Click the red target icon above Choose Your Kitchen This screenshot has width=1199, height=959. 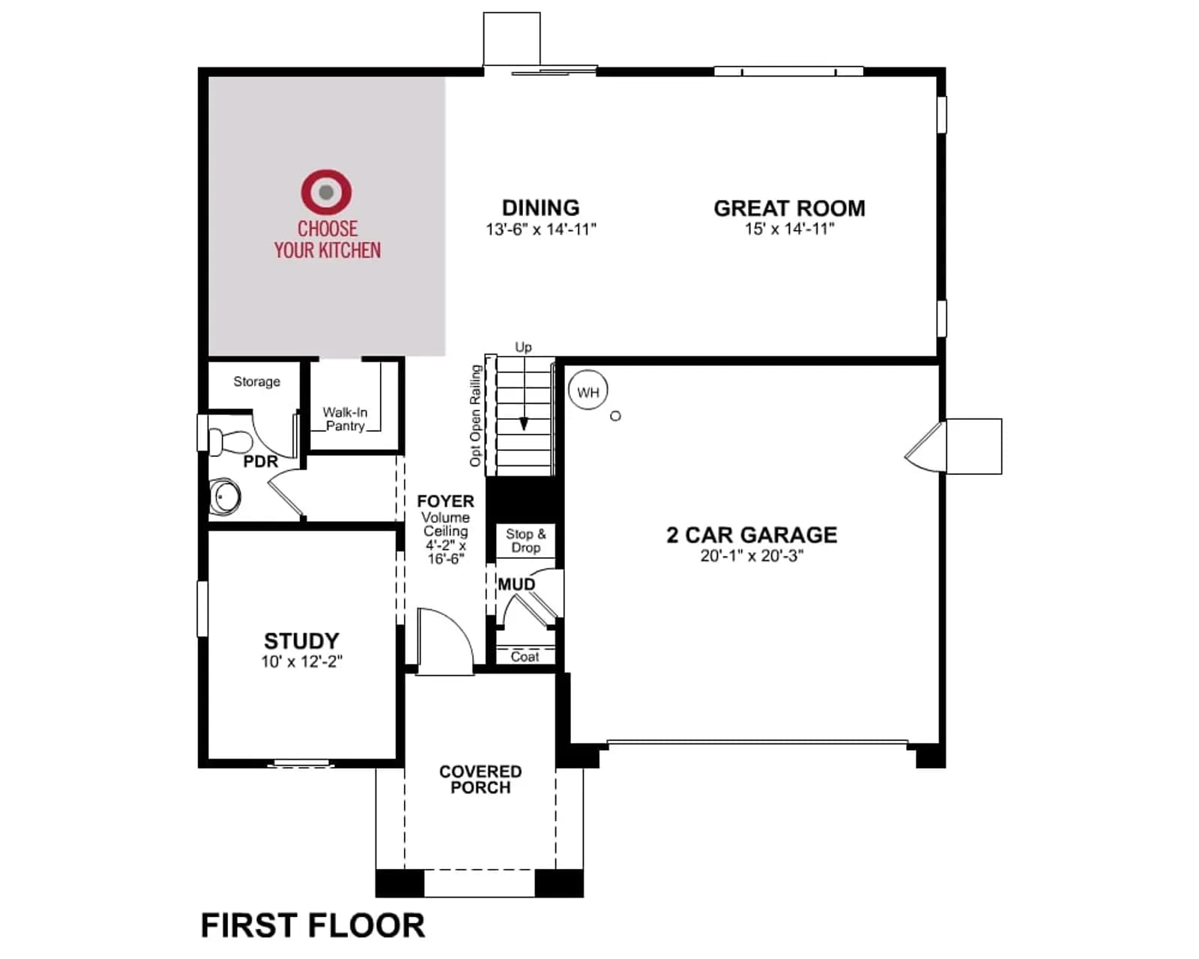(326, 192)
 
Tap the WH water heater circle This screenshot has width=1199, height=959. (588, 390)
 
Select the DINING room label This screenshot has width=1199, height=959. (540, 208)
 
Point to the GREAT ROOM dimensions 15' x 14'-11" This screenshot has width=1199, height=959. (790, 229)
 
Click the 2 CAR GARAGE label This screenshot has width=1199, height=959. (752, 535)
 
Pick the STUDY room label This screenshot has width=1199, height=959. (301, 641)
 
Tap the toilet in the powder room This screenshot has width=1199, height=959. (229, 441)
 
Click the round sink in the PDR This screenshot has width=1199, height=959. (225, 496)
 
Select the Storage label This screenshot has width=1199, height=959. (256, 381)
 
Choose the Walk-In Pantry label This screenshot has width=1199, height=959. (345, 419)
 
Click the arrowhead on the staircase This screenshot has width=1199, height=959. (524, 425)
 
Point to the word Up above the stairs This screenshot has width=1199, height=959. (523, 347)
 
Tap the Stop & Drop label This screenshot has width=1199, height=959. (525, 540)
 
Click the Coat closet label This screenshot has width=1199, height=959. (525, 657)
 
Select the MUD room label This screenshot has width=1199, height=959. (516, 584)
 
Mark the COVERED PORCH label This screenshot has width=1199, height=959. (480, 779)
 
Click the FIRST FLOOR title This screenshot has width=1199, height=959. (312, 925)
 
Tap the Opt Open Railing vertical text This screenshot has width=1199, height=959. (474, 416)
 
